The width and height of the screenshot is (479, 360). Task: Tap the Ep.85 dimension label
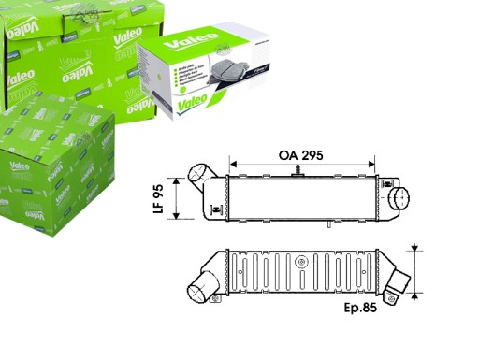tap(361, 307)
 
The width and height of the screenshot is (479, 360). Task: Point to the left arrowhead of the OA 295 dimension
tap(232, 163)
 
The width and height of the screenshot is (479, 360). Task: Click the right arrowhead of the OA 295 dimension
tap(371, 163)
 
